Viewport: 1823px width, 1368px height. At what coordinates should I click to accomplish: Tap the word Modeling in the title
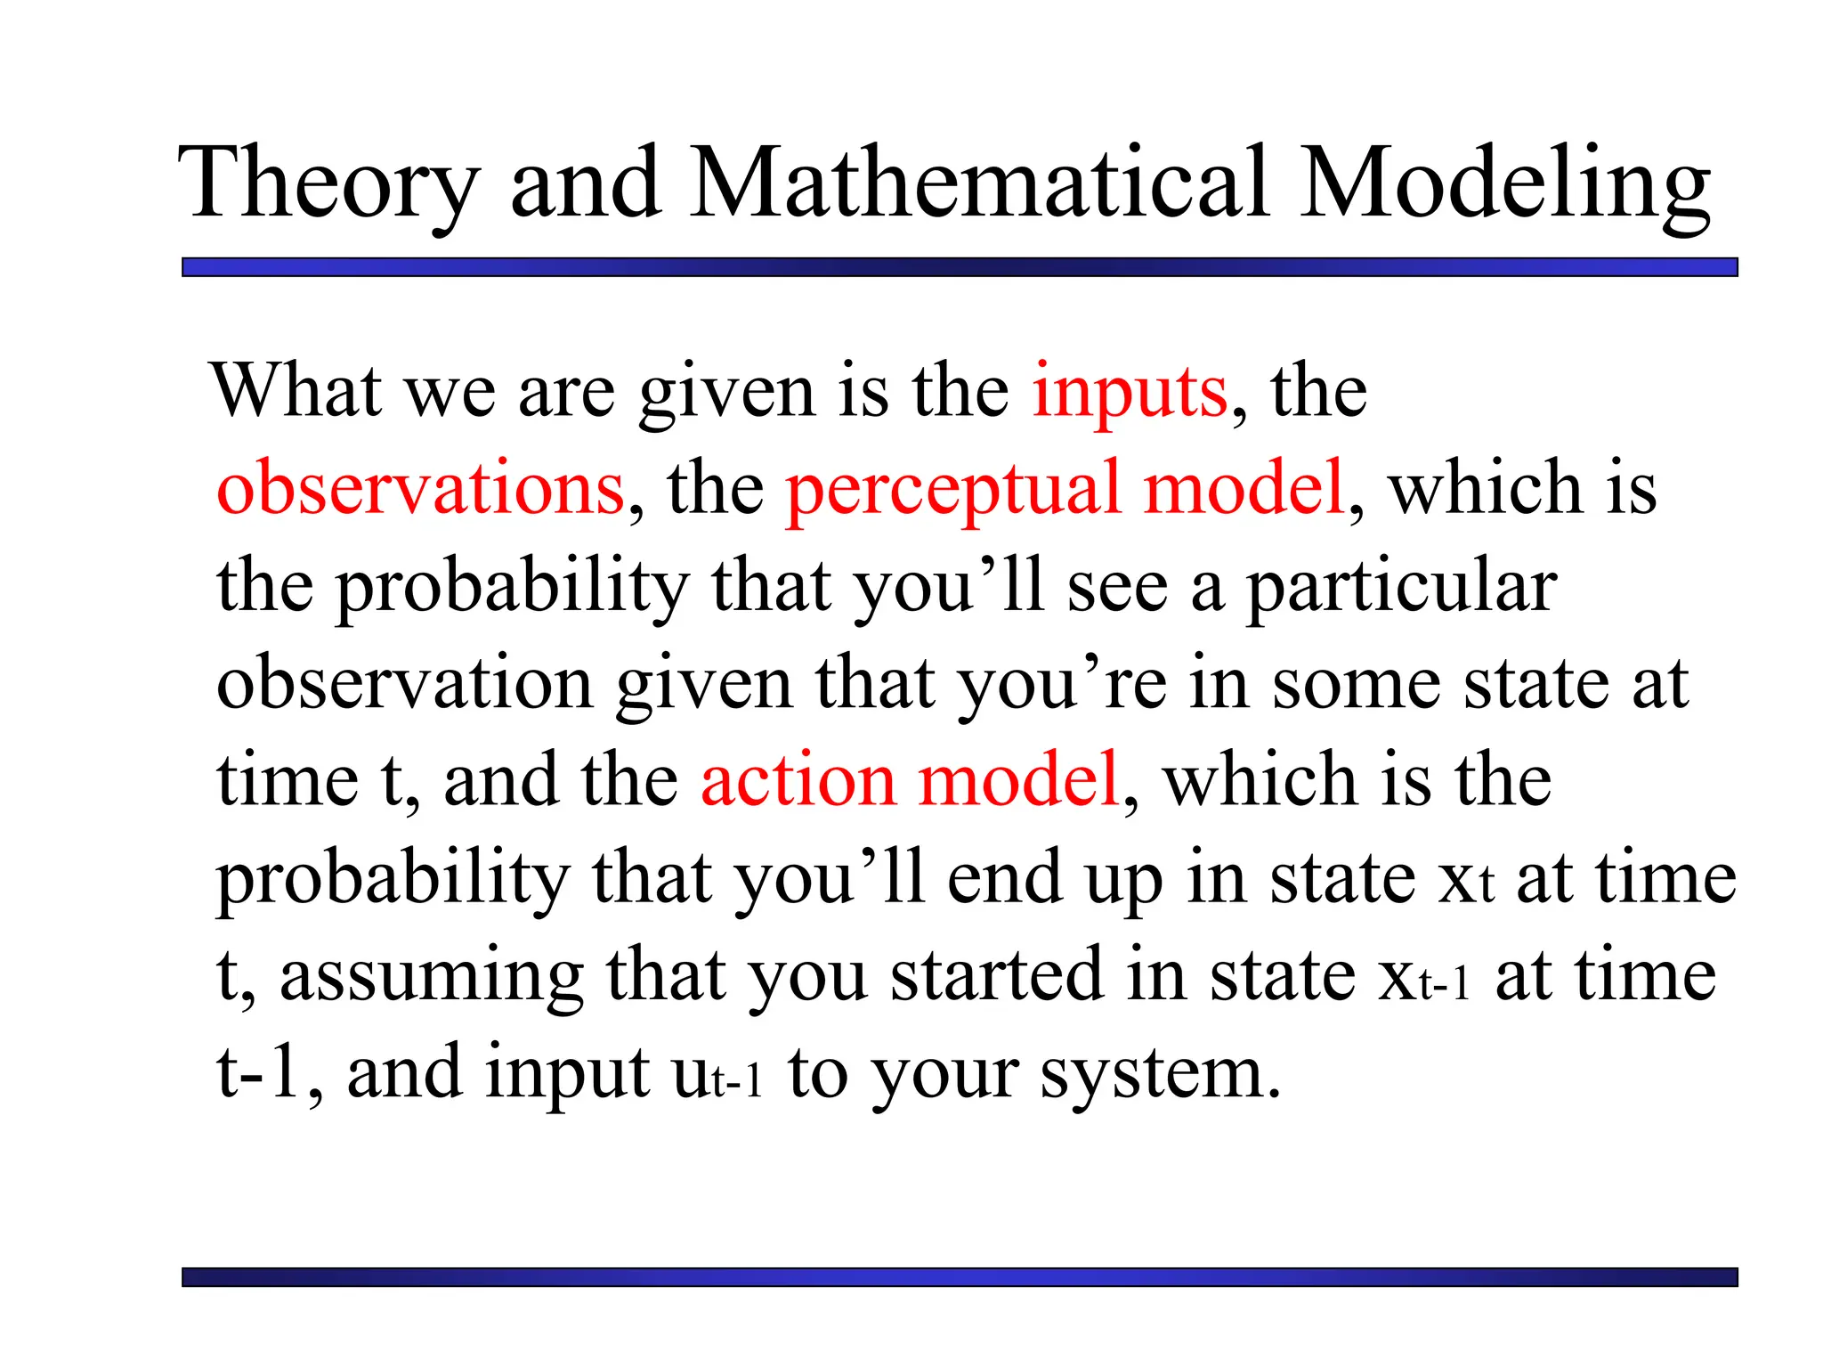1504,184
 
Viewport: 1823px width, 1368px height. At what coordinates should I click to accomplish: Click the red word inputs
1130,392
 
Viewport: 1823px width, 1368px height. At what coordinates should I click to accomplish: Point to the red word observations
420,488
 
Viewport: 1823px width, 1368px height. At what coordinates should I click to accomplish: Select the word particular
1400,589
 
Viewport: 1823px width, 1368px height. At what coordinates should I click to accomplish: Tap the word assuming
432,977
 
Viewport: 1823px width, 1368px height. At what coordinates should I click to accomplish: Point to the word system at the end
1161,1074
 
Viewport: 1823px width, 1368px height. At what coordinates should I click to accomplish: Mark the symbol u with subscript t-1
717,1076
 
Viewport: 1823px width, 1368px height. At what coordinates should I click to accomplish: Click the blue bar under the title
960,267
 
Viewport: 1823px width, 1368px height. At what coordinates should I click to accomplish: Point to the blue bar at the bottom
960,1277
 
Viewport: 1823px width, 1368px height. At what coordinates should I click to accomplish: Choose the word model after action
1017,780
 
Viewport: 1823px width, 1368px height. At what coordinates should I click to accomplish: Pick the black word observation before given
405,684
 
